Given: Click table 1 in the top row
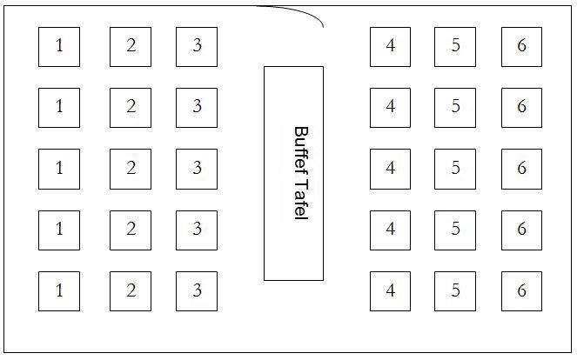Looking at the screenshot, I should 59,46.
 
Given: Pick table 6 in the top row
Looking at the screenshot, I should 521,46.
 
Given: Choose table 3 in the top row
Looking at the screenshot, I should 197,46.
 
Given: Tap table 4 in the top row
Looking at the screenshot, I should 390,46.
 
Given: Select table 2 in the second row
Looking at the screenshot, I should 131,107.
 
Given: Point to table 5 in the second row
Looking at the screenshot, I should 455,107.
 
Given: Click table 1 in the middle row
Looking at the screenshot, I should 59,169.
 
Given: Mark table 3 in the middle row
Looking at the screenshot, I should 197,169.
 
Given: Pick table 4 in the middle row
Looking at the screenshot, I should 390,169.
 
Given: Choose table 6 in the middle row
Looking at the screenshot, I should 521,169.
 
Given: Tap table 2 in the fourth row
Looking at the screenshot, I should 131,230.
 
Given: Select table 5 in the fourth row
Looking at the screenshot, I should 455,230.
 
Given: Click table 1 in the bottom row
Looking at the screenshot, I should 59,291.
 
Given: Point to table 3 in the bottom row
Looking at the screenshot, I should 197,291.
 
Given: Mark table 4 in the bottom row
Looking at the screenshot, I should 390,291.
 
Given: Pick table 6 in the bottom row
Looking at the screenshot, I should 521,291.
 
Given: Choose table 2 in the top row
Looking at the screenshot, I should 131,46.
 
